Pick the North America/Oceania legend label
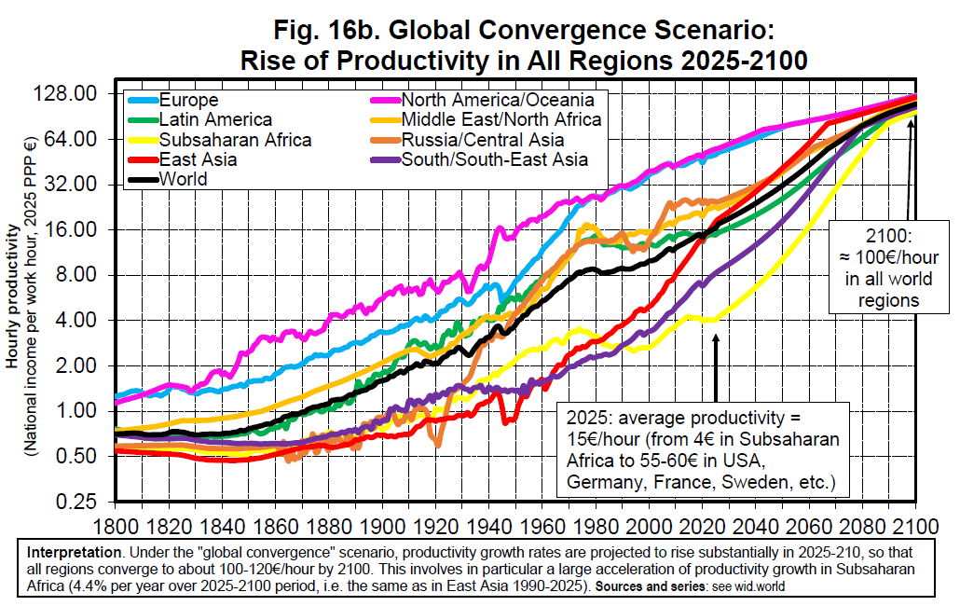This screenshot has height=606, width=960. pyautogui.click(x=497, y=100)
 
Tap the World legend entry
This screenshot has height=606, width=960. pyautogui.click(x=184, y=179)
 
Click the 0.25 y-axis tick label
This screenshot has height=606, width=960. pyautogui.click(x=80, y=502)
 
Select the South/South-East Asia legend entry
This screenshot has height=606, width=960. pyautogui.click(x=494, y=159)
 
